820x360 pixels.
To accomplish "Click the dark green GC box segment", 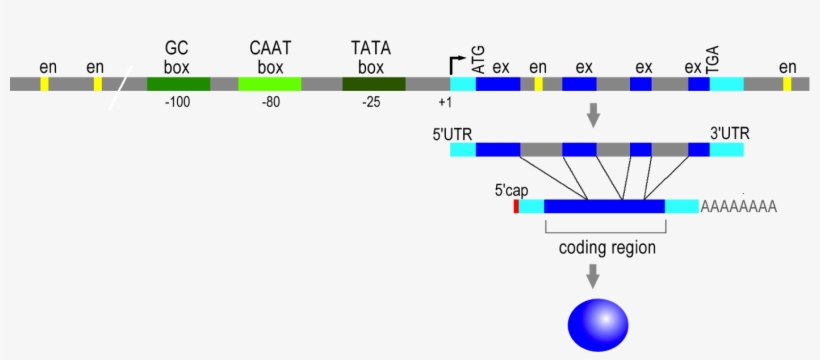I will tap(178, 84).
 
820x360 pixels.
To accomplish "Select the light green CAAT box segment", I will tap(269, 84).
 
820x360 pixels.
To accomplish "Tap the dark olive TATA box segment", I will tap(373, 84).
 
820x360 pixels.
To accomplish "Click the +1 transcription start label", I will tap(446, 104).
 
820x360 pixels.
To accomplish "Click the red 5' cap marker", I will tap(516, 206).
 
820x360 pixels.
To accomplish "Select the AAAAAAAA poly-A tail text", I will tap(739, 207).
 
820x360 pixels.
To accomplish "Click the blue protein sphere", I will tap(598, 323).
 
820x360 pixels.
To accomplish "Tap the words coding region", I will tap(607, 247).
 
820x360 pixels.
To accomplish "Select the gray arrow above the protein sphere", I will tap(593, 276).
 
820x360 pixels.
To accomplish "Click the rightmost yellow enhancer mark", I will tap(787, 84).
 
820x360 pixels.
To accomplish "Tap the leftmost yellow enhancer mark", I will tap(44, 84).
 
